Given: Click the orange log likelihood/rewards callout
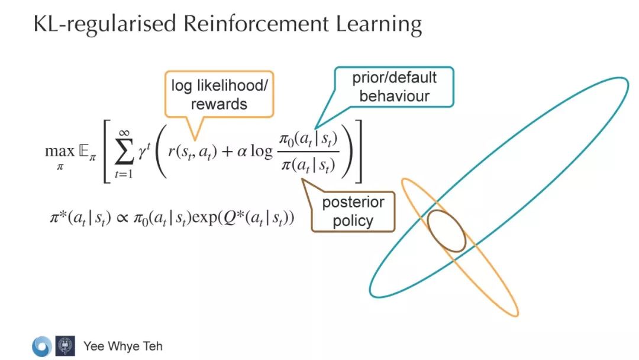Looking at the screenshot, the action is pos(220,94).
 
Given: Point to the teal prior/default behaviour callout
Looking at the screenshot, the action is pos(394,86).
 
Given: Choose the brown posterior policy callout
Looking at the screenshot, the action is pos(353,211).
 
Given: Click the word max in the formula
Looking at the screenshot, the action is pos(60,151).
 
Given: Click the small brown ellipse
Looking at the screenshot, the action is pos(446,230).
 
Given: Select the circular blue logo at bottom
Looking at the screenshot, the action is pos(42,346).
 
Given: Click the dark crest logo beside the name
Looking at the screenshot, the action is pos(65,346).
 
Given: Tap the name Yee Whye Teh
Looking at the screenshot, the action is pos(123,346).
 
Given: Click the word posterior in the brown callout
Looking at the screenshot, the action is pos(353,202).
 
